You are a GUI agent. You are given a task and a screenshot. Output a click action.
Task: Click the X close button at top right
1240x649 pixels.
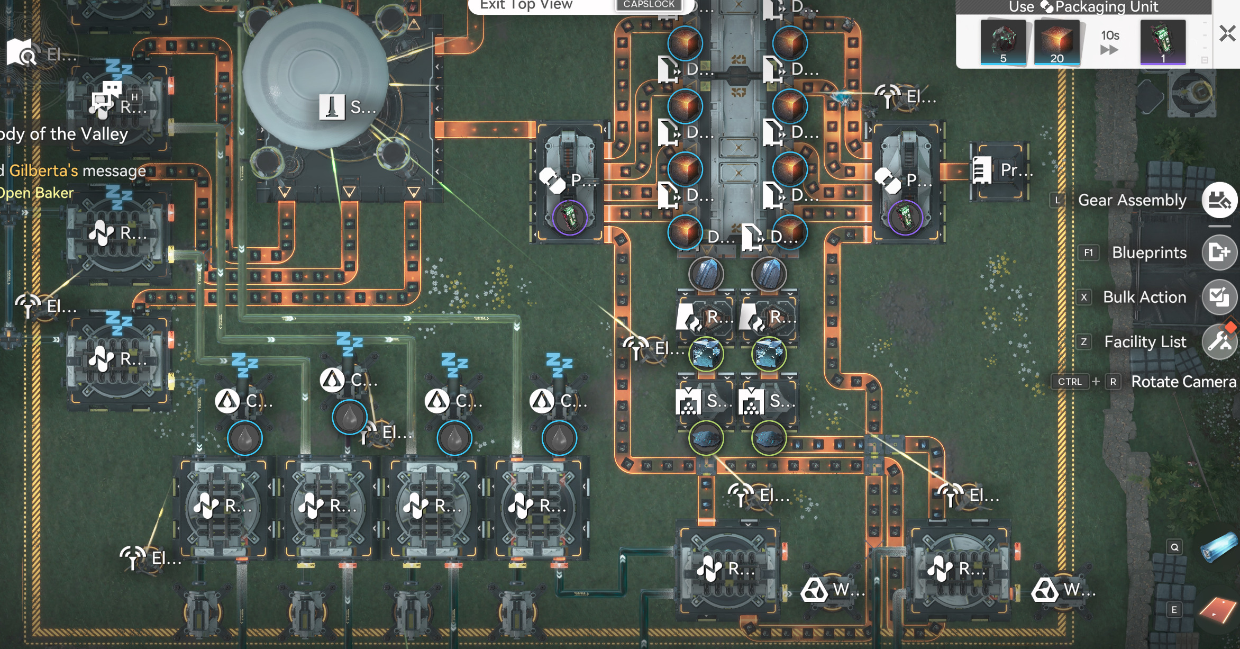point(1227,33)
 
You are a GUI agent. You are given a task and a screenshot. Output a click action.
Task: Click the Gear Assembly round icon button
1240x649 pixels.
point(1219,200)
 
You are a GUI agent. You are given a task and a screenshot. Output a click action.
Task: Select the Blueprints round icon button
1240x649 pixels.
point(1219,253)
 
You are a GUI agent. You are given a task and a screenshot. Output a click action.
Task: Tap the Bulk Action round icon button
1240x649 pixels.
point(1219,297)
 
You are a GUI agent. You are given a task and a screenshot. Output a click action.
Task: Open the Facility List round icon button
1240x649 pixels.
point(1219,341)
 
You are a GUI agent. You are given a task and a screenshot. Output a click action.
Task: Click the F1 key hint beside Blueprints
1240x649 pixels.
point(1088,253)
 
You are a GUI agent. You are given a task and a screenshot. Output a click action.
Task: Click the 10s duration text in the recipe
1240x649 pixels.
point(1110,35)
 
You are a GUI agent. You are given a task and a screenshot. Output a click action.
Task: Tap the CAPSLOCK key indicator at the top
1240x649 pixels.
point(649,4)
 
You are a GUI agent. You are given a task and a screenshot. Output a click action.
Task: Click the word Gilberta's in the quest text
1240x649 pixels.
point(43,170)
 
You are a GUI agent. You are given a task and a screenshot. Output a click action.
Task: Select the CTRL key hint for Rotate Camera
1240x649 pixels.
point(1070,382)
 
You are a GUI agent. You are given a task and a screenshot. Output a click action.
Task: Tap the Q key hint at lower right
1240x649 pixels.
point(1174,547)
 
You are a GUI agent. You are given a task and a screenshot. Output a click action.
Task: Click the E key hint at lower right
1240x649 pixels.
point(1174,610)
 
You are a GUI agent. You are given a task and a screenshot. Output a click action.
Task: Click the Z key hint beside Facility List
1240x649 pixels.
point(1083,342)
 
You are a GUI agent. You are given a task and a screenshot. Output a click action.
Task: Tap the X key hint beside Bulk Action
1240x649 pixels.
point(1084,297)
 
